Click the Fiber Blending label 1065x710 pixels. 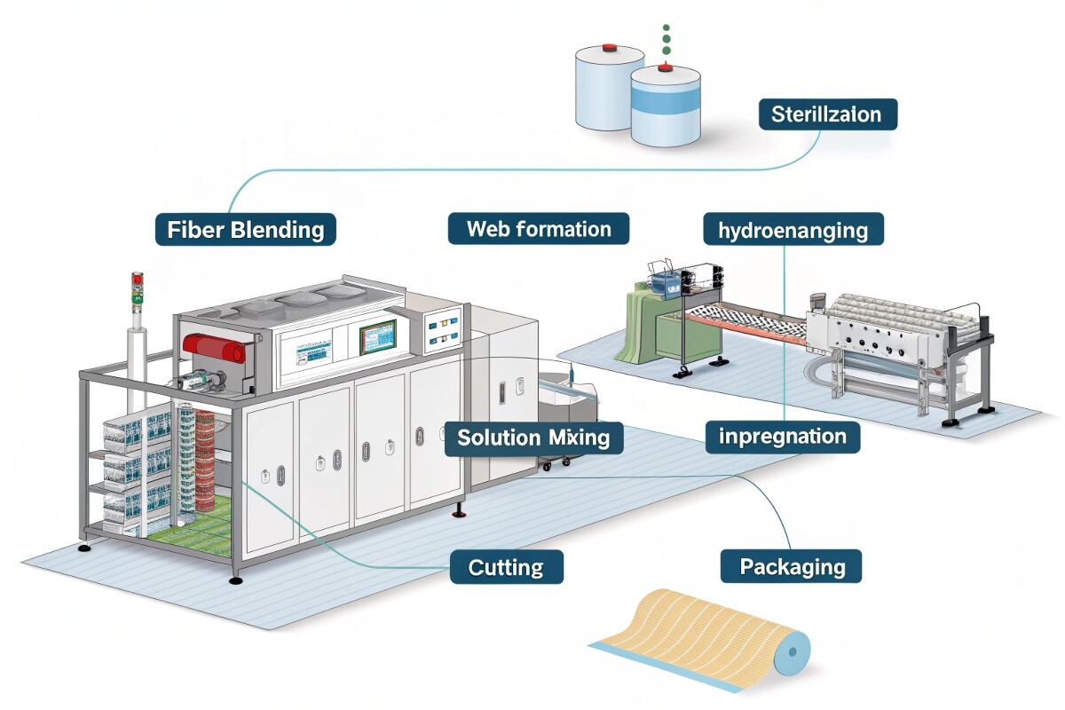(x=246, y=229)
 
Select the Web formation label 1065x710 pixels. (x=539, y=229)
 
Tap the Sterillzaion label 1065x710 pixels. (x=827, y=114)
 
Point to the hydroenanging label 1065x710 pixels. (x=793, y=231)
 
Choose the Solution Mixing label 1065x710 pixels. (x=533, y=438)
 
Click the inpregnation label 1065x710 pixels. (x=783, y=438)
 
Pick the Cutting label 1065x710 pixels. (x=506, y=566)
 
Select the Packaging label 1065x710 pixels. (x=789, y=565)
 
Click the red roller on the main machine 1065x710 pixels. (x=213, y=348)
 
